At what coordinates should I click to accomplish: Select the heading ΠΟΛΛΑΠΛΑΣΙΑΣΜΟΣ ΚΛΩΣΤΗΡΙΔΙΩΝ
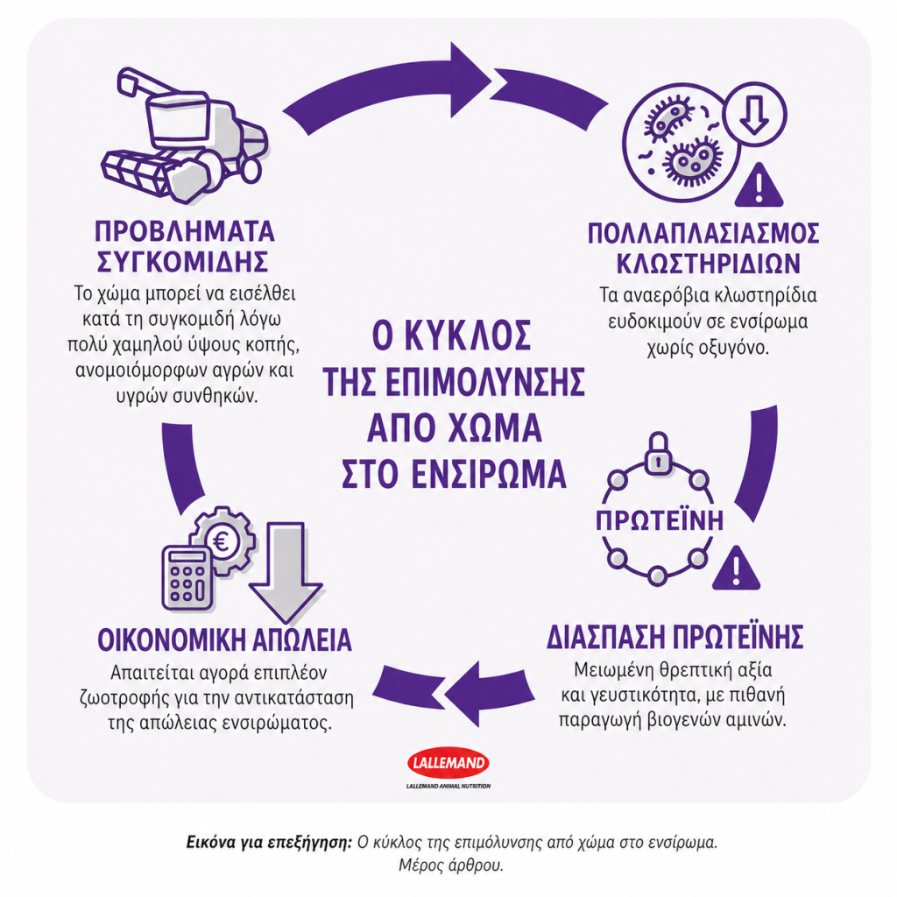click(x=705, y=248)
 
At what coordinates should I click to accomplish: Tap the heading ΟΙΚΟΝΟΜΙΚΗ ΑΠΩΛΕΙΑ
click(x=224, y=639)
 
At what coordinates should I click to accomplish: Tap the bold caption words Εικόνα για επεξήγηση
click(x=268, y=844)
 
